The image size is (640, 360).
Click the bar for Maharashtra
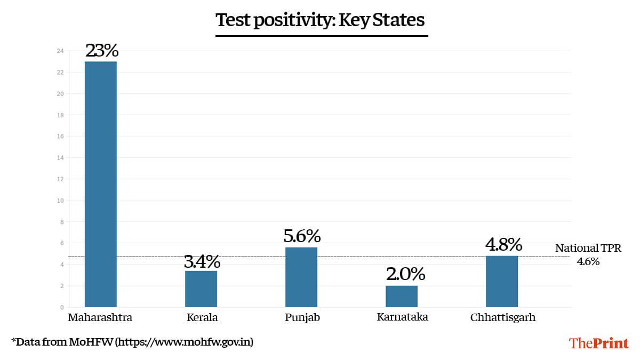(x=101, y=184)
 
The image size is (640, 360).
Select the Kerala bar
(x=201, y=289)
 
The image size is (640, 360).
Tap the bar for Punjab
(x=301, y=277)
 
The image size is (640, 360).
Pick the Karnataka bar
(x=402, y=296)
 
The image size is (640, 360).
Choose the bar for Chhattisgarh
(x=502, y=281)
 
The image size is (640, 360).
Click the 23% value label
(x=101, y=51)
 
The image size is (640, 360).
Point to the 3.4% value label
(x=202, y=261)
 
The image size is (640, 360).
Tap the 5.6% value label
(x=302, y=236)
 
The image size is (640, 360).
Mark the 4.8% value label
(x=503, y=245)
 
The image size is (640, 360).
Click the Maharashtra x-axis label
(x=100, y=318)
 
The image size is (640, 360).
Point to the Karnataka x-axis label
(x=402, y=317)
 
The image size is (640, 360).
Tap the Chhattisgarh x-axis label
(x=503, y=318)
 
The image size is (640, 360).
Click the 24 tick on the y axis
(x=60, y=51)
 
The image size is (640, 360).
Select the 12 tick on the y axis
(x=60, y=179)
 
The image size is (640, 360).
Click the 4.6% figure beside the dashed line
(x=588, y=262)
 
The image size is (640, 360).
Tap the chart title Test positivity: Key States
(x=320, y=20)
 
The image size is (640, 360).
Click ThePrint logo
(x=598, y=343)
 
